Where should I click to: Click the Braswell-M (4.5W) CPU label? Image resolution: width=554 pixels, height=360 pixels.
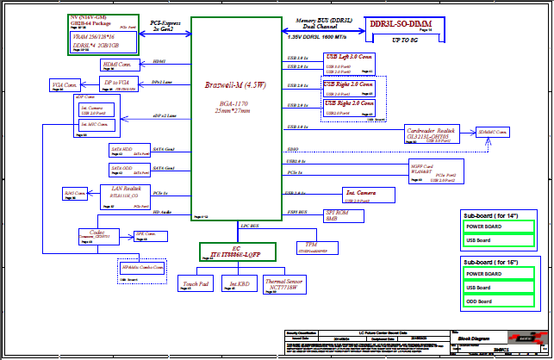point(234,85)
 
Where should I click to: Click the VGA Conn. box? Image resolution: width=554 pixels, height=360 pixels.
point(66,86)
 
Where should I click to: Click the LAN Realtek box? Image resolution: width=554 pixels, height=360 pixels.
point(126,193)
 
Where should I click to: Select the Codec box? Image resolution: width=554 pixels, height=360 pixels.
point(96,235)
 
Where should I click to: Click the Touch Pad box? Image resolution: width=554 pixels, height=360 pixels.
point(196,284)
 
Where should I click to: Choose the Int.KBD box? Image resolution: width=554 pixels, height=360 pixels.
point(234,284)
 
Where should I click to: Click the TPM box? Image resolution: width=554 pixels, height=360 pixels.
point(316,249)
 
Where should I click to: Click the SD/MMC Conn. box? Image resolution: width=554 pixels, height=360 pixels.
point(493,132)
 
